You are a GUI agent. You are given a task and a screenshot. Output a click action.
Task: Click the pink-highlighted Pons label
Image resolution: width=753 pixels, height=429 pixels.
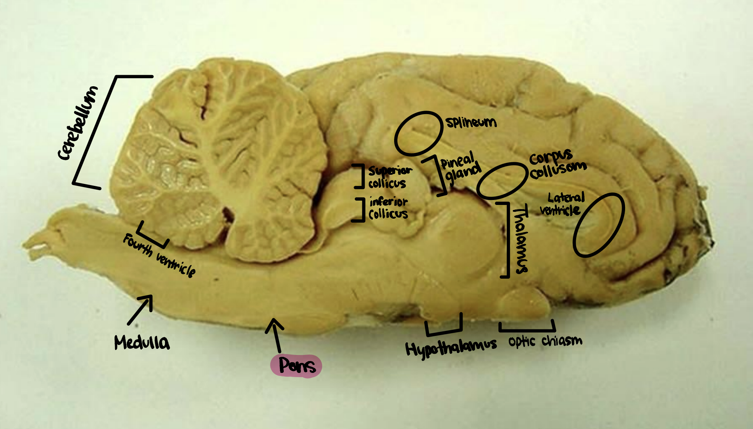click(x=296, y=366)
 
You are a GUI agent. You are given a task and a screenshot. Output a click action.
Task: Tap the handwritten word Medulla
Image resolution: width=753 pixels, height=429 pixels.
click(x=142, y=342)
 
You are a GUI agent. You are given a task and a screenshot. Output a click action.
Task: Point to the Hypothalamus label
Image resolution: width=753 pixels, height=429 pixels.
click(x=451, y=347)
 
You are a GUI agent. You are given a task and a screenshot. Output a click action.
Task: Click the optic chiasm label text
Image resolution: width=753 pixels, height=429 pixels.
click(x=545, y=341)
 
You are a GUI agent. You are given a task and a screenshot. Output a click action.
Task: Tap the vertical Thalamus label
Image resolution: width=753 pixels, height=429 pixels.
click(x=520, y=240)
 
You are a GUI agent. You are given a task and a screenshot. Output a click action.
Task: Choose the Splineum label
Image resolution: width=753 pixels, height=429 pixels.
click(x=471, y=122)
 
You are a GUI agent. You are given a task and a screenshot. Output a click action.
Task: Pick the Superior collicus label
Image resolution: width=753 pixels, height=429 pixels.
click(x=389, y=177)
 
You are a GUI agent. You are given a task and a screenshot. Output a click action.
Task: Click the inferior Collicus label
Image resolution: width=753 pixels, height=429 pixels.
click(x=388, y=208)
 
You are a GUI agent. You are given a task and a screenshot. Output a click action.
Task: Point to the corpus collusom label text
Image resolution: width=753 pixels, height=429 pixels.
click(x=557, y=164)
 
